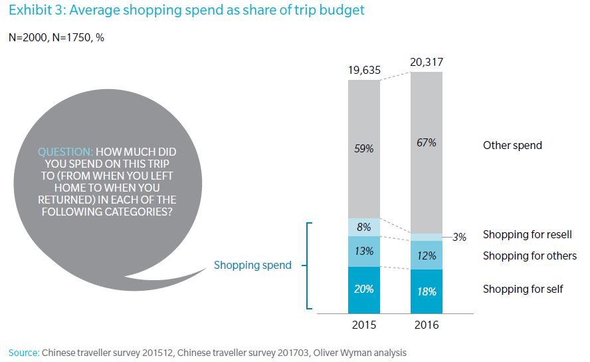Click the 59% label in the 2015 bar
click(364, 149)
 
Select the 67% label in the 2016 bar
click(427, 143)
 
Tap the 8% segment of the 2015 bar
click(364, 227)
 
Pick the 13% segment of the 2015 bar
click(364, 251)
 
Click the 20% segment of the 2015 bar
click(364, 289)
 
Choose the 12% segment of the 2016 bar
click(427, 256)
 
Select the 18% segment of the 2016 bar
click(427, 291)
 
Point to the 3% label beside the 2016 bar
click(459, 236)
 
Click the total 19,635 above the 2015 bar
click(364, 71)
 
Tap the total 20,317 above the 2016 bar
click(427, 63)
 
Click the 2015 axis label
click(364, 325)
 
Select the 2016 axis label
click(427, 325)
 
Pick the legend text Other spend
click(512, 145)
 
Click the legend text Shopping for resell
click(527, 234)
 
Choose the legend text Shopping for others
click(530, 256)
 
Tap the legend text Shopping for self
click(523, 289)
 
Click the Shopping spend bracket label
click(252, 265)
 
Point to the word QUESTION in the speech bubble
click(61, 152)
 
